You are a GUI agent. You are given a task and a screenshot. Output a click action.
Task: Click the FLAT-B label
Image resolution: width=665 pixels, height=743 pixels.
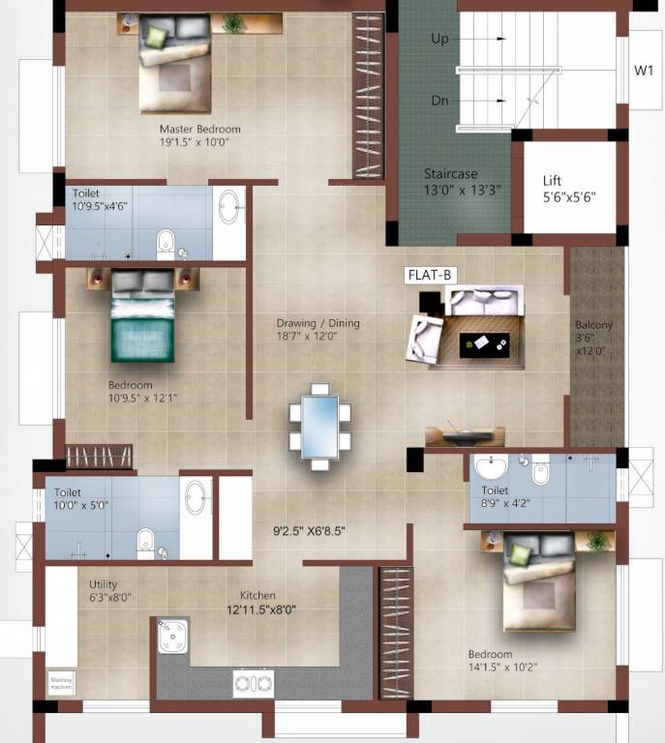tap(429, 276)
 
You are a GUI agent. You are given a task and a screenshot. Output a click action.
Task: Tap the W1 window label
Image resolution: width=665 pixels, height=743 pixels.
tap(644, 70)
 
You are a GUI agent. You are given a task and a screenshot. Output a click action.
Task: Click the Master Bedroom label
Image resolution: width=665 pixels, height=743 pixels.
tap(200, 129)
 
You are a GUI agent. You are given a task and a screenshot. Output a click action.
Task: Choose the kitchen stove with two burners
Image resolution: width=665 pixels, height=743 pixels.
tap(254, 683)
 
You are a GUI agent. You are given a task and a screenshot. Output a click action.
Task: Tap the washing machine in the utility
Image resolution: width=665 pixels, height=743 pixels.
tap(61, 684)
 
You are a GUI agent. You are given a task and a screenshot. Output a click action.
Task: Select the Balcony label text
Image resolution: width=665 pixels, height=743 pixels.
tap(593, 325)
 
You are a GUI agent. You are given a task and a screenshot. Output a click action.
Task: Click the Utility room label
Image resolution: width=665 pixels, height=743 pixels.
tap(104, 584)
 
